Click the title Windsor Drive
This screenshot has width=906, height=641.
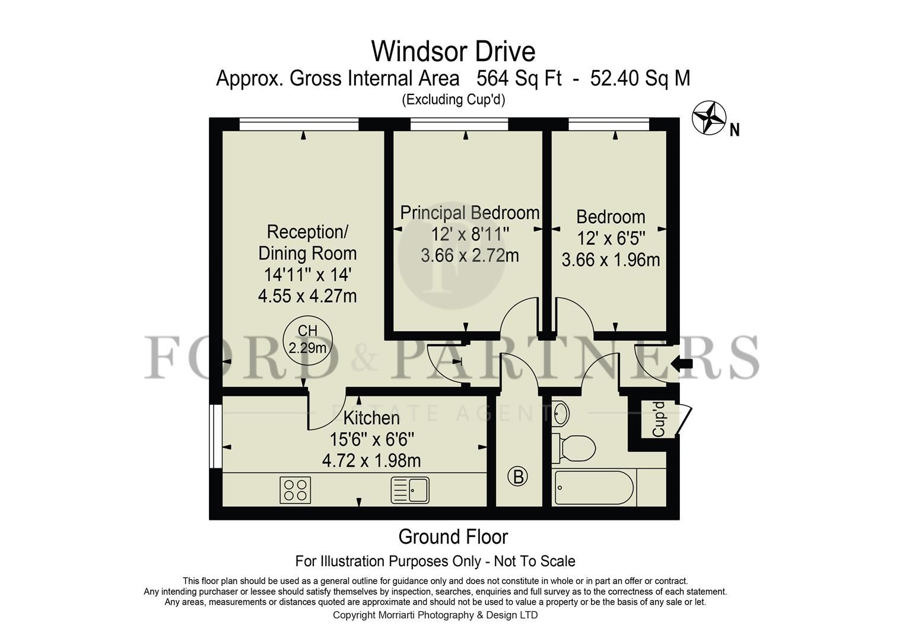[x=453, y=52]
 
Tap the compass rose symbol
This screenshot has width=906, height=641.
[x=709, y=118]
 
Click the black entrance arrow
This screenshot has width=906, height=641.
[x=684, y=364]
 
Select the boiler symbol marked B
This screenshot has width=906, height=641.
[x=517, y=476]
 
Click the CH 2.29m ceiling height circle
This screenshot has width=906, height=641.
[x=307, y=339]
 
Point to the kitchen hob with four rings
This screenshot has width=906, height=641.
[x=295, y=490]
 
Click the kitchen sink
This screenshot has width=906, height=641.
[x=411, y=490]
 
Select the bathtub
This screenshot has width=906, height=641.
[x=593, y=488]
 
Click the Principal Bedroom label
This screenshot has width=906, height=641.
[x=469, y=212]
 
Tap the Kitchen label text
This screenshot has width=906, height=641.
[x=371, y=418]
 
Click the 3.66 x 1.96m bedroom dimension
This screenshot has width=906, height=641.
[x=611, y=259]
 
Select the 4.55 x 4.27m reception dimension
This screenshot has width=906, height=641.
[x=307, y=296]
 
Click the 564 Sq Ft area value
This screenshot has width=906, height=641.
[x=519, y=78]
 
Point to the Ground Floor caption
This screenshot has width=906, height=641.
[x=453, y=537]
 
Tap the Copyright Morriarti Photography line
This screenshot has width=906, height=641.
[x=435, y=615]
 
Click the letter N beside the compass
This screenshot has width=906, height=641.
[x=735, y=129]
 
